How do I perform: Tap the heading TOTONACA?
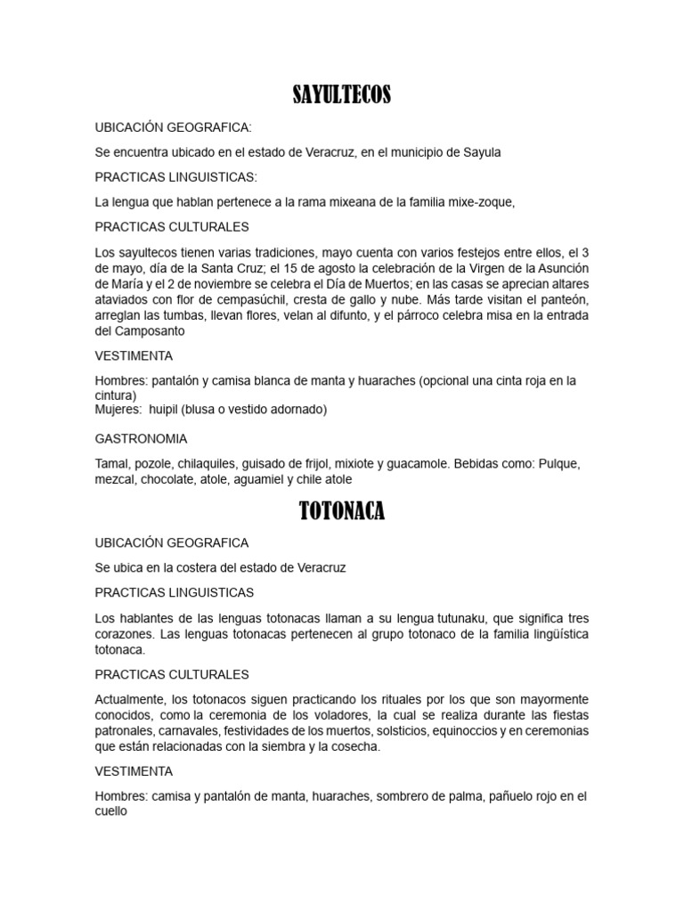click(x=342, y=511)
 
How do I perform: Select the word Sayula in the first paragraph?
click(x=482, y=152)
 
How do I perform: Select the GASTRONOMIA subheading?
click(x=141, y=439)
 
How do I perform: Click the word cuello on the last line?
click(x=112, y=811)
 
